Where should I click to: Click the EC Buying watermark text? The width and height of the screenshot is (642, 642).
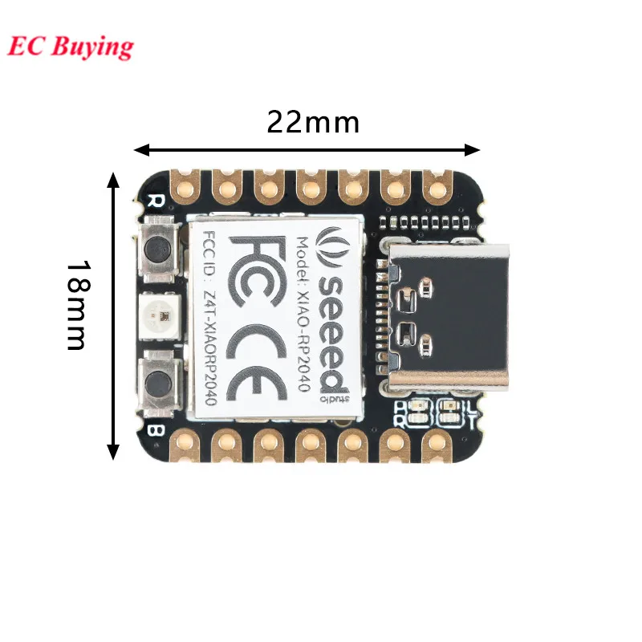tap(71, 46)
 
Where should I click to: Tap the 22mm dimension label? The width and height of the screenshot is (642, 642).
tap(313, 122)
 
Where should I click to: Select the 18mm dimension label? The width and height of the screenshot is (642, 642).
tap(75, 304)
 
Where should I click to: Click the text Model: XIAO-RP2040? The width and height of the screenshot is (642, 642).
tap(303, 313)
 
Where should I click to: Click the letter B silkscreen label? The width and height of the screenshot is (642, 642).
tap(156, 431)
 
